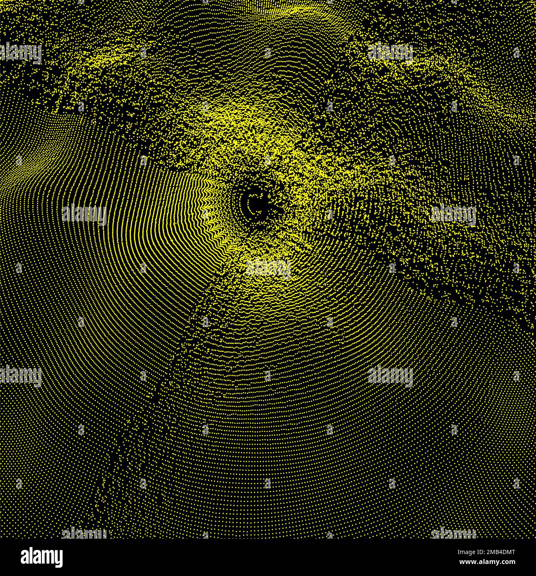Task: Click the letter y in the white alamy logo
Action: pyautogui.click(x=58, y=558)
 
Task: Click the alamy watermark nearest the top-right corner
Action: pyautogui.click(x=390, y=53)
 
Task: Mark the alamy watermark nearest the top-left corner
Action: pyautogui.click(x=21, y=53)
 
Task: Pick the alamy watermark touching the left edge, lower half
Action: pyautogui.click(x=21, y=377)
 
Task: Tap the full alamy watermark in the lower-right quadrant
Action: pyautogui.click(x=390, y=377)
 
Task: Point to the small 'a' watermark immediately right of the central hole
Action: pyautogui.click(x=330, y=214)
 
